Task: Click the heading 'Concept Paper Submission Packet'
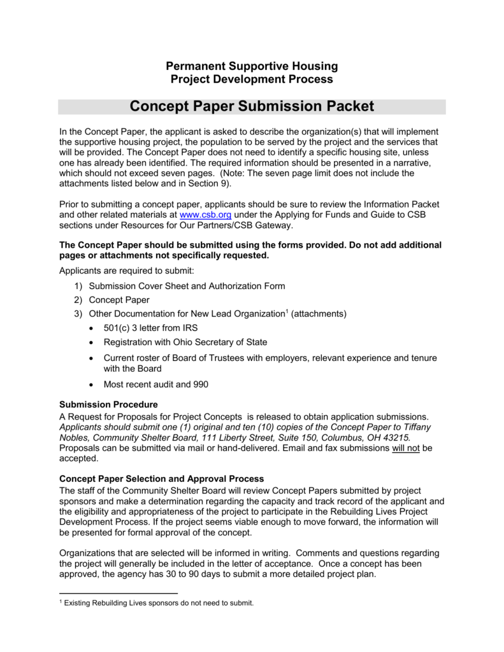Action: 252,106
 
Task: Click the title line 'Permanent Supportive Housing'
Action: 252,66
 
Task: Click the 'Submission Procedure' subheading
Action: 108,404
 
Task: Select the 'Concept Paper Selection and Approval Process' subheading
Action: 161,478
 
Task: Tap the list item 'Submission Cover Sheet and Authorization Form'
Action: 187,286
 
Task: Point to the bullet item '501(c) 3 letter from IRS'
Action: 150,328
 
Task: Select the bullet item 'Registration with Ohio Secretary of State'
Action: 185,342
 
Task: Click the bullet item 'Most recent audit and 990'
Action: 155,385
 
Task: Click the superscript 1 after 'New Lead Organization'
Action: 287,311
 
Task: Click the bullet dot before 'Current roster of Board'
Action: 92,358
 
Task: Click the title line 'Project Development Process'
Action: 252,79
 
